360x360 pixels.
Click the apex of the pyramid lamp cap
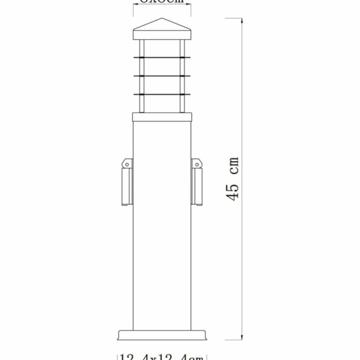point(163,19)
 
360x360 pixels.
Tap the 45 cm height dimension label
point(233,180)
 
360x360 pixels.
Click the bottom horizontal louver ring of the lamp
point(163,94)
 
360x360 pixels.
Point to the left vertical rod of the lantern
point(141,76)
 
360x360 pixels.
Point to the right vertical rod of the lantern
point(184,76)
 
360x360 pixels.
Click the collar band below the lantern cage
point(163,117)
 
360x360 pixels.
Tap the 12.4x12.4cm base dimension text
point(163,356)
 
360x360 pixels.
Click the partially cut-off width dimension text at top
point(163,2)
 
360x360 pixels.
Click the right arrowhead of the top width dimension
point(190,5)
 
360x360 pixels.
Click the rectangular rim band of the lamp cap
point(163,35)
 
